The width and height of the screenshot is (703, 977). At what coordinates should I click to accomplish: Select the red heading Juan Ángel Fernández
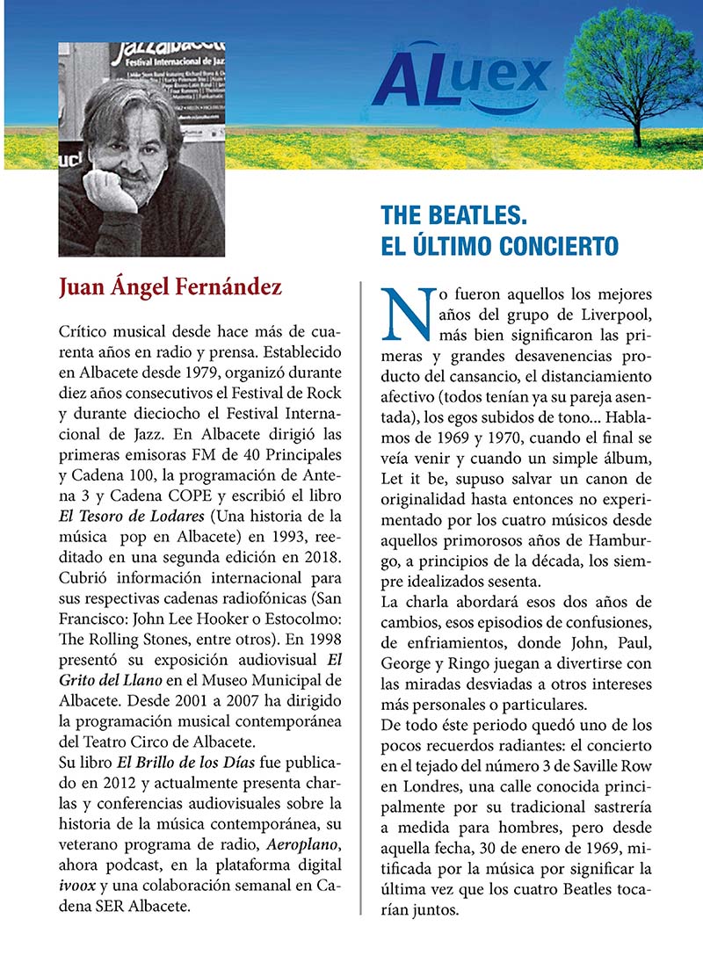170,287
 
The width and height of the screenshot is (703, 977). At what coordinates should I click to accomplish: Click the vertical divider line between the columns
362,597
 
